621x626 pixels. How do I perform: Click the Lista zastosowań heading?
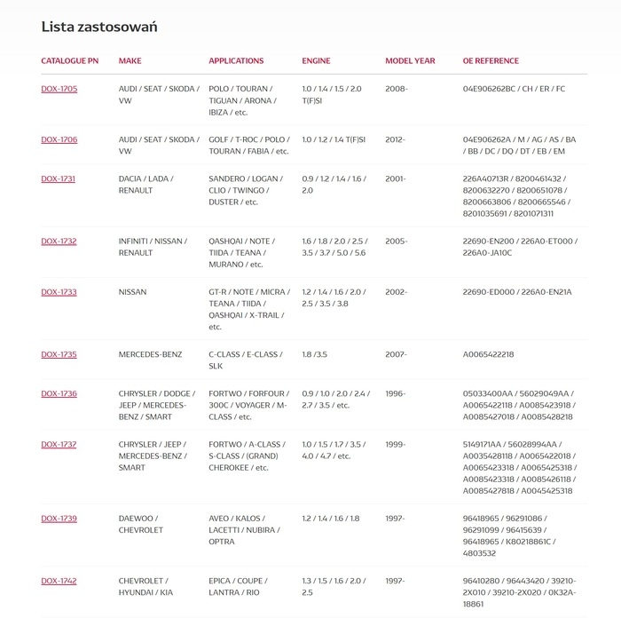coord(99,27)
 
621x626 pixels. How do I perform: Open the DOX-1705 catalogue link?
coord(59,90)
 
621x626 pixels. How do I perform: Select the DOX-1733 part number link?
coord(59,292)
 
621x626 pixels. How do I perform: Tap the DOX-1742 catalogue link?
coord(59,581)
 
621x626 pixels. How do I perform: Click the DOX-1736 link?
coord(59,393)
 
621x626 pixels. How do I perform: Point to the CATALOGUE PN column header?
coord(70,61)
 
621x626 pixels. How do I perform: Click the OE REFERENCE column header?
coord(491,61)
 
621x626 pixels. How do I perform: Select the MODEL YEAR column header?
coord(410,61)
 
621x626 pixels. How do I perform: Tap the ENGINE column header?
coord(316,61)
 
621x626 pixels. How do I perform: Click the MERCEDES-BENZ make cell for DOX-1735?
coord(150,354)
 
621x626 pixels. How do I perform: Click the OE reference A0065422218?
coord(489,354)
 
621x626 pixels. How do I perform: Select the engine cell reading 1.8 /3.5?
coord(315,354)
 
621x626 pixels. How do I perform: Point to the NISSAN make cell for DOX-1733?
coord(133,292)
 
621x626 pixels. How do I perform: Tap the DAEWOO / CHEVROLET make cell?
coord(141,524)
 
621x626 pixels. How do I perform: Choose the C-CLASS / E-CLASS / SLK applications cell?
coord(245,360)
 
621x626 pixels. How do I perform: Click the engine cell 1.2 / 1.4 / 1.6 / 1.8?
coord(331,519)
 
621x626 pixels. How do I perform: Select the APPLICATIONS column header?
coord(236,61)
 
